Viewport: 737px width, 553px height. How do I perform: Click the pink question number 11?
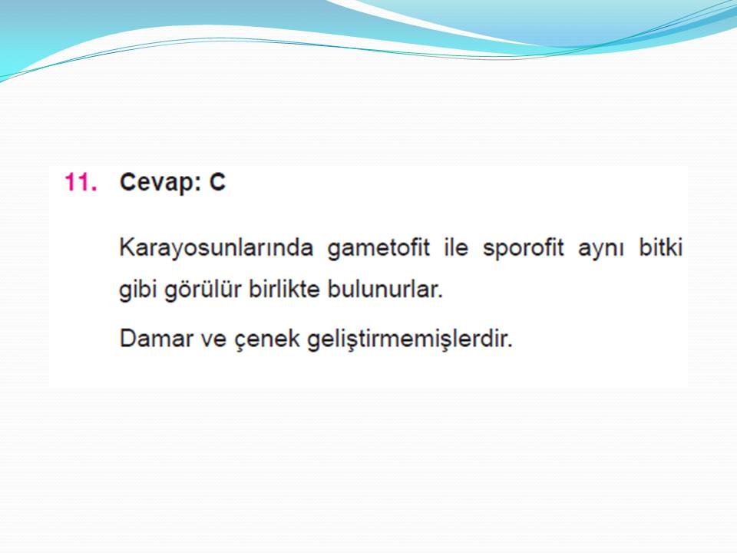[x=81, y=181]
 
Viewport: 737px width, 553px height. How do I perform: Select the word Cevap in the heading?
[x=157, y=183]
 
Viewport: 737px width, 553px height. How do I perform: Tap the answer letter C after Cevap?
[x=217, y=182]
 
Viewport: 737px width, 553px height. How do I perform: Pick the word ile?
[x=456, y=247]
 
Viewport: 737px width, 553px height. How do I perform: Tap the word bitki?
[x=660, y=247]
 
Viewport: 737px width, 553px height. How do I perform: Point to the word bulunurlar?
[x=382, y=289]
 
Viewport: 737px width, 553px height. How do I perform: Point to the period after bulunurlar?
[x=441, y=296]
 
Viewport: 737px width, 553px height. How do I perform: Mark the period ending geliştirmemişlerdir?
[x=509, y=346]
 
